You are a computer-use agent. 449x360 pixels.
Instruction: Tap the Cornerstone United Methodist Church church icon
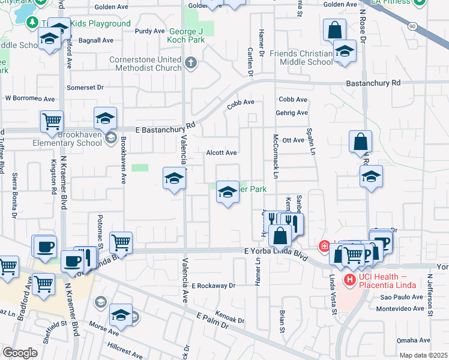[191, 62]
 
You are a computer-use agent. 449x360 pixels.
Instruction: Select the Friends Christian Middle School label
[301, 58]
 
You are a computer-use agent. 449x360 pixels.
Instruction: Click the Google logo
[20, 353]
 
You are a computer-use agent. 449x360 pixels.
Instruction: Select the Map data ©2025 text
[423, 355]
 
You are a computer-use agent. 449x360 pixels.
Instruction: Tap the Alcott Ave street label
[221, 153]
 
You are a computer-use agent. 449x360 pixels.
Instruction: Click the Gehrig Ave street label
[293, 113]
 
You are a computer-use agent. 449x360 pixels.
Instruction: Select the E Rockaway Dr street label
[214, 286]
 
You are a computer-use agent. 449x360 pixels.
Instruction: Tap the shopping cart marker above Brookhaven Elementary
[52, 121]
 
